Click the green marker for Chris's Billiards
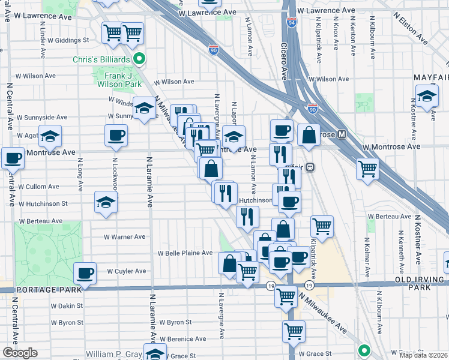pyautogui.click(x=139, y=59)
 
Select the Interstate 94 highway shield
pyautogui.click(x=292, y=23)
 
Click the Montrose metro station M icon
pyautogui.click(x=342, y=134)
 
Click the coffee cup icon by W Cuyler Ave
pyautogui.click(x=85, y=274)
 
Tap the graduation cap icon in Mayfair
pyautogui.click(x=426, y=96)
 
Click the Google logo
pyautogui.click(x=20, y=353)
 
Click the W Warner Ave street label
pyautogui.click(x=125, y=237)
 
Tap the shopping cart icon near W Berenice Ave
pyautogui.click(x=294, y=330)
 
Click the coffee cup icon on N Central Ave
pyautogui.click(x=13, y=159)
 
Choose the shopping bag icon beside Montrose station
pyautogui.click(x=309, y=136)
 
